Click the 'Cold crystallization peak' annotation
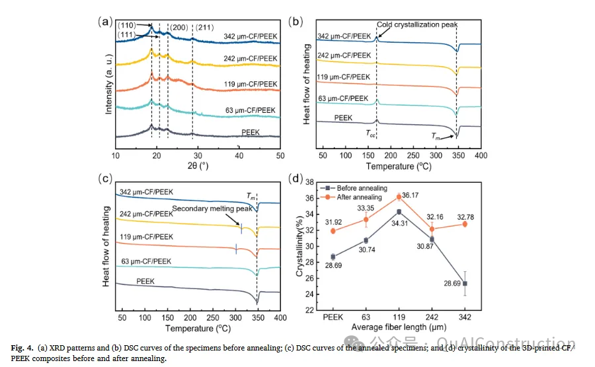(417, 24)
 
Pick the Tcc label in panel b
(371, 132)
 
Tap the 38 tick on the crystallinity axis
(310, 182)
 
